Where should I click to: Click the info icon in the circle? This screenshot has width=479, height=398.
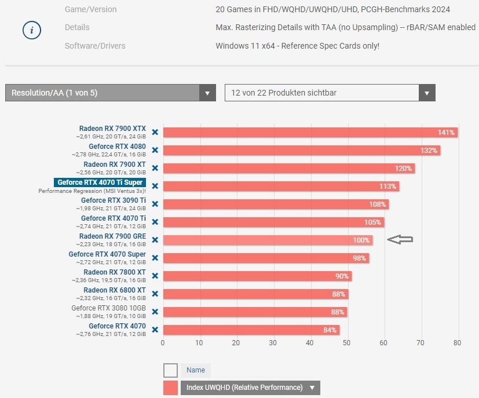[32, 30]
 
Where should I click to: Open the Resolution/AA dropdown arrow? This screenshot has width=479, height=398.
[207, 93]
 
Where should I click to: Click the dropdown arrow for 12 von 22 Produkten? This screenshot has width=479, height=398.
[427, 93]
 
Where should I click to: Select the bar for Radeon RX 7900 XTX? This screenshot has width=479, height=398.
[310, 132]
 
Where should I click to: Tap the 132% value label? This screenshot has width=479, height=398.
[429, 151]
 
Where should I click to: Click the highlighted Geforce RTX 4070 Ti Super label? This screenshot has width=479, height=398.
[100, 182]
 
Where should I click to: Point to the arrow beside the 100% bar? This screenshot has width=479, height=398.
[400, 239]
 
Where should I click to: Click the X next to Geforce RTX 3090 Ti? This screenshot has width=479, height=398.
[155, 204]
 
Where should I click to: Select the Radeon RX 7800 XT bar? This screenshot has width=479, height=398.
[257, 276]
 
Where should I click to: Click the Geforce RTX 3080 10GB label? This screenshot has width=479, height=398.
[109, 308]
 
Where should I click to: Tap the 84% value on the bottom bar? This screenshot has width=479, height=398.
[330, 330]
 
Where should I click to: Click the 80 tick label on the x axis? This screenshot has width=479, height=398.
[458, 342]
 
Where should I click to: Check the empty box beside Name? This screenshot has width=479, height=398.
[170, 370]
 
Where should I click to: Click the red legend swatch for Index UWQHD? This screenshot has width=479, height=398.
[170, 388]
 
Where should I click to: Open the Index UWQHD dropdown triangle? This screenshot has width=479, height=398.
[312, 388]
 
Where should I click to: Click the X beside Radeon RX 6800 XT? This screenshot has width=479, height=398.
[155, 294]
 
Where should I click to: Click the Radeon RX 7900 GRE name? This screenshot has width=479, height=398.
[112, 236]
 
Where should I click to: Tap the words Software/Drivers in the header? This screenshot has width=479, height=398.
[95, 46]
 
